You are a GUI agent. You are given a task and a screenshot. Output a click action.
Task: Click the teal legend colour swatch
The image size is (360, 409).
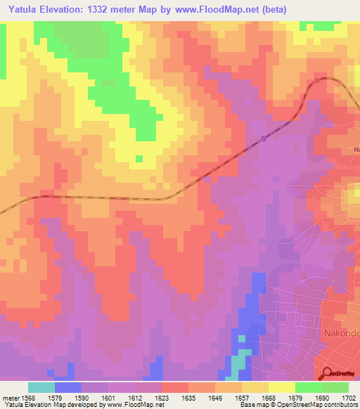click(x=41, y=387)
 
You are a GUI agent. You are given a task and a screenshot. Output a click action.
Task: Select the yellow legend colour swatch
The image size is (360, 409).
click(x=281, y=387)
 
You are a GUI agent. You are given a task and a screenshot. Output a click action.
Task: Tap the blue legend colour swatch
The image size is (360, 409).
click(x=67, y=387)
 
